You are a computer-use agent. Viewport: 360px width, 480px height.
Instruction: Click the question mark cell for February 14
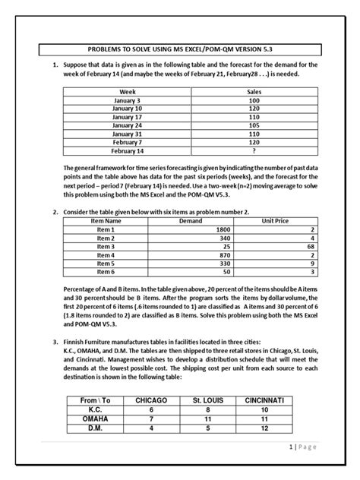click(253, 152)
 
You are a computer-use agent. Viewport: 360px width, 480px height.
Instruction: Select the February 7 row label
click(122, 143)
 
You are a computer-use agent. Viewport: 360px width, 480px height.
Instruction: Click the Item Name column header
click(106, 220)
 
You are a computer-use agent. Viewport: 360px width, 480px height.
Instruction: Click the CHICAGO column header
click(150, 399)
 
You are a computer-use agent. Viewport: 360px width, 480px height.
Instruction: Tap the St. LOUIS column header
click(207, 399)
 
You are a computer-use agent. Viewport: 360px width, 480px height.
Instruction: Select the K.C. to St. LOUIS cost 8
click(207, 409)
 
